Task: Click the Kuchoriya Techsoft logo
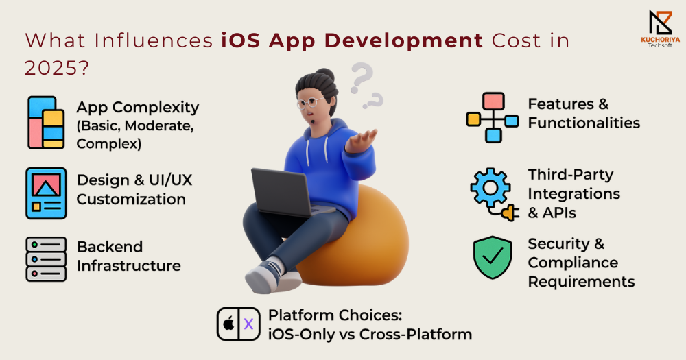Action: [x=660, y=29]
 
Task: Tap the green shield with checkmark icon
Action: [x=493, y=258]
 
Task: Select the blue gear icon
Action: [x=490, y=187]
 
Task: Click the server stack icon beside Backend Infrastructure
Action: [x=46, y=259]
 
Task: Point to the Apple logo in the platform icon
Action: [x=228, y=324]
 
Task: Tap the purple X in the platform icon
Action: [x=248, y=324]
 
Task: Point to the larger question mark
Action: [x=362, y=78]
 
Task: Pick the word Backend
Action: [x=110, y=247]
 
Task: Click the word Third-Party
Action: [x=571, y=175]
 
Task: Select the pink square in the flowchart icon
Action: [x=493, y=101]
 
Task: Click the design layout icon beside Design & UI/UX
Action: [x=46, y=193]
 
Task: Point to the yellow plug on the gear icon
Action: [x=510, y=213]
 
